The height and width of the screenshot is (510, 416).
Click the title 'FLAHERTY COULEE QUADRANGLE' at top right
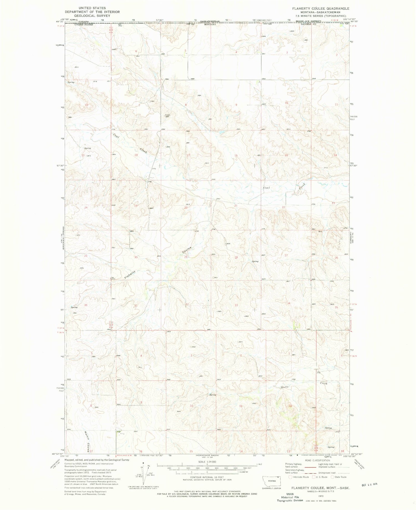324,9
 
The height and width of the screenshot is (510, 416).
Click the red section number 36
86,305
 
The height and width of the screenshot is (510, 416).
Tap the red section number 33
236,305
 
